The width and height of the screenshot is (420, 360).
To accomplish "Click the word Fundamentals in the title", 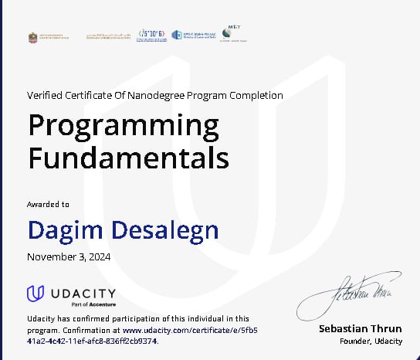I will point(128,158).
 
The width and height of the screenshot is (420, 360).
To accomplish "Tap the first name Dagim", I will point(64,229).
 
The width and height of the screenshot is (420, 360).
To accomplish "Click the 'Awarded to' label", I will point(48,205).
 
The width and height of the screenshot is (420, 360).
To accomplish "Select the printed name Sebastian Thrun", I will point(360,329).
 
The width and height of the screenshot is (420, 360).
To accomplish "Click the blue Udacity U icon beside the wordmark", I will point(35,294).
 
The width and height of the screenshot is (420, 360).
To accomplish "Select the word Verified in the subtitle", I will point(46,95).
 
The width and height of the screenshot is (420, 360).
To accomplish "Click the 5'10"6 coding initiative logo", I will point(151,35).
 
